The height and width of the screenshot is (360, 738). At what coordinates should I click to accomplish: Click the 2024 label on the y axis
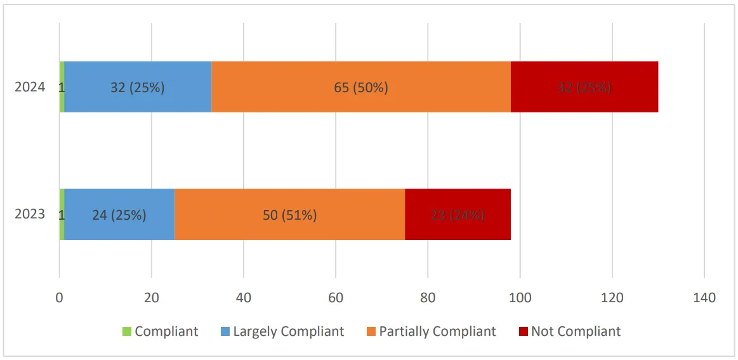click(x=30, y=87)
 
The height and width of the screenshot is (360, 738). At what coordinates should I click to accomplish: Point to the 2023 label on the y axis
click(x=30, y=214)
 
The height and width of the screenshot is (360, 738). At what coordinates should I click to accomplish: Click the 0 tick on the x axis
click(x=59, y=298)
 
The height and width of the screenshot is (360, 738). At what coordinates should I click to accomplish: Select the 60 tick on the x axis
click(x=336, y=298)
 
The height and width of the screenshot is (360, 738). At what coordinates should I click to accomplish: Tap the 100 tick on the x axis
click(x=520, y=298)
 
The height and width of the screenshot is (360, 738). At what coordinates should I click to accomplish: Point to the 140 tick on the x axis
click(x=704, y=298)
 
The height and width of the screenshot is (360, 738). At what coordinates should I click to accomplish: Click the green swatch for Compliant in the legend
click(x=127, y=331)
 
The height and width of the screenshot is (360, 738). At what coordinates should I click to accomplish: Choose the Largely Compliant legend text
click(x=288, y=331)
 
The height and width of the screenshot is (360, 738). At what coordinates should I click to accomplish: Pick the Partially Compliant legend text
click(x=437, y=331)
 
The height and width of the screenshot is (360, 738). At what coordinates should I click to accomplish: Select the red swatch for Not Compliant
click(x=524, y=331)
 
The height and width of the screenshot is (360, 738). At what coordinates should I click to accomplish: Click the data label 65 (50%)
click(x=360, y=88)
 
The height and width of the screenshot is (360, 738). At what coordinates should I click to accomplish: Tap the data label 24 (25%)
click(x=119, y=215)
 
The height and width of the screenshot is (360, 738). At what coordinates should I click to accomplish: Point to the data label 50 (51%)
click(x=289, y=215)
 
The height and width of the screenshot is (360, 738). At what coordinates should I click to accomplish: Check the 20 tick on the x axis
click(x=151, y=298)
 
